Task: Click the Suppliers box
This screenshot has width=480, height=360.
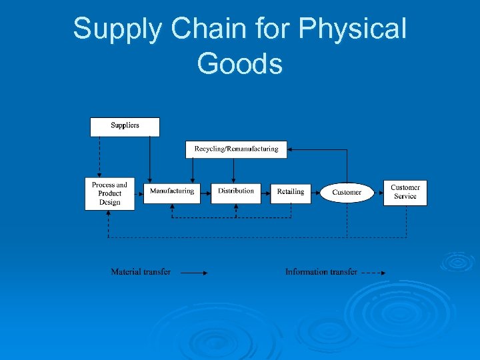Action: tap(125, 126)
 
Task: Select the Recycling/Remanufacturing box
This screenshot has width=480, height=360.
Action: tap(236, 149)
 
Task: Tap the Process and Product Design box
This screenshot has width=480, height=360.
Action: tap(109, 193)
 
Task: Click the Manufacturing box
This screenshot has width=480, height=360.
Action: tap(171, 192)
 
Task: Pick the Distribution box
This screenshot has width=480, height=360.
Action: tap(236, 192)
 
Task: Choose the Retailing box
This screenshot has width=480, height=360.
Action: tap(290, 193)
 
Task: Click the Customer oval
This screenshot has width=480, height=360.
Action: tap(347, 193)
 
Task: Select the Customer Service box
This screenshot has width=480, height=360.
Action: tap(405, 192)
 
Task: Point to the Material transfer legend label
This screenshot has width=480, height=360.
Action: tap(141, 272)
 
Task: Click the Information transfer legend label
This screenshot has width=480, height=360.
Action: tap(321, 272)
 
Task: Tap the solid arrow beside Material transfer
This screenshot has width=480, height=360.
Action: tap(194, 273)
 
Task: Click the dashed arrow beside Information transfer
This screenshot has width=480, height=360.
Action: tap(373, 273)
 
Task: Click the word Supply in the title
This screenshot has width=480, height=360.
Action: tap(116, 29)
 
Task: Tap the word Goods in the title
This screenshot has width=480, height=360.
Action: tap(240, 64)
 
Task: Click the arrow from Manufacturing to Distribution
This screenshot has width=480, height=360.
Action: tap(205, 193)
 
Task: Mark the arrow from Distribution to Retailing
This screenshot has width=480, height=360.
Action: tap(265, 193)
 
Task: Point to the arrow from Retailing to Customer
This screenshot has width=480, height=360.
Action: tap(316, 193)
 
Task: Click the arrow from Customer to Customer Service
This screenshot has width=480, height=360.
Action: tap(377, 193)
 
